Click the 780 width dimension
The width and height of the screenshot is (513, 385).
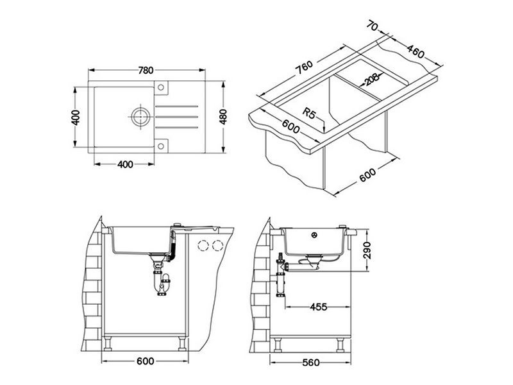pyautogui.click(x=146, y=70)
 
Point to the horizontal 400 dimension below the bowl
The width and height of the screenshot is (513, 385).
pyautogui.click(x=125, y=164)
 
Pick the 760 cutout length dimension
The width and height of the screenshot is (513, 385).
pyautogui.click(x=303, y=67)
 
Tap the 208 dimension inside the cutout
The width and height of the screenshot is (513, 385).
pyautogui.click(x=367, y=80)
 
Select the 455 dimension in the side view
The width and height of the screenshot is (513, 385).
pyautogui.click(x=318, y=307)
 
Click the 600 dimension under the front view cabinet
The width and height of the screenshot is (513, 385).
pyautogui.click(x=146, y=362)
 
